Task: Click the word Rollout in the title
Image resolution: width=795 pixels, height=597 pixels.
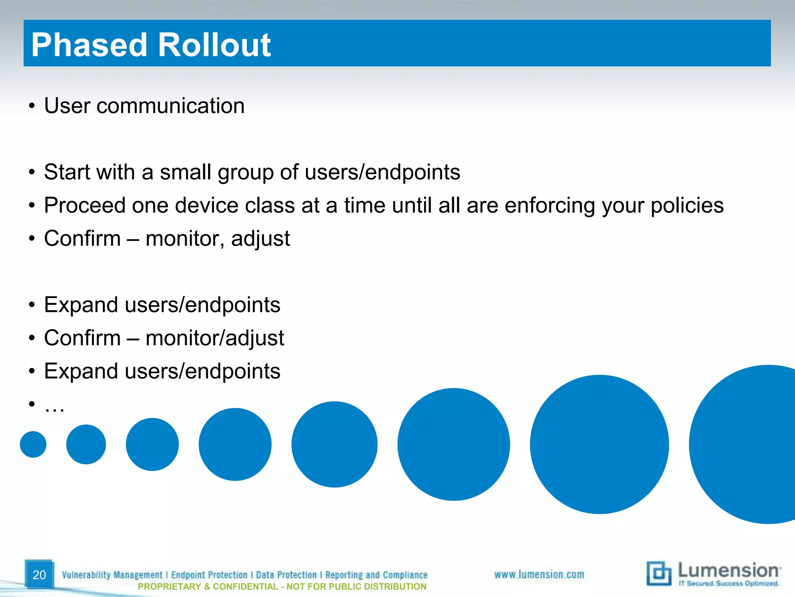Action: [214, 45]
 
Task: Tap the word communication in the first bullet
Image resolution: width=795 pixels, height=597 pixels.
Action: [170, 106]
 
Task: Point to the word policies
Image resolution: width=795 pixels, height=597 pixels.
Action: [687, 205]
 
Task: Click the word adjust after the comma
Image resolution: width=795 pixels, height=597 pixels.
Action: [260, 239]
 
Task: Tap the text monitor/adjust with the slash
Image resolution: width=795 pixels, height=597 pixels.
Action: [215, 338]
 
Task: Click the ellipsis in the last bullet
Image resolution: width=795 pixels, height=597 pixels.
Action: [54, 407]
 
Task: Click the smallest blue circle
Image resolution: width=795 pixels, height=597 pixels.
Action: [33, 444]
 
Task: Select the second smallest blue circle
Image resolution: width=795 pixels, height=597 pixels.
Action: [86, 444]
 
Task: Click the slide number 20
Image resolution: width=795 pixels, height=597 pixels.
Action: [39, 575]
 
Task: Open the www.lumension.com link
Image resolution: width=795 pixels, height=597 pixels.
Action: [539, 574]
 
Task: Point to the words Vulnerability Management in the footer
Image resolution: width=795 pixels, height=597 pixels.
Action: [112, 575]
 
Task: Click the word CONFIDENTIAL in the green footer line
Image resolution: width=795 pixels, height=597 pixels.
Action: [245, 587]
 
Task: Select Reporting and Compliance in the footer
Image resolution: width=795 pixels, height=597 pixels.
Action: [376, 575]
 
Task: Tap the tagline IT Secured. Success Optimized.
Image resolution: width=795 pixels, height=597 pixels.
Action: [728, 583]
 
